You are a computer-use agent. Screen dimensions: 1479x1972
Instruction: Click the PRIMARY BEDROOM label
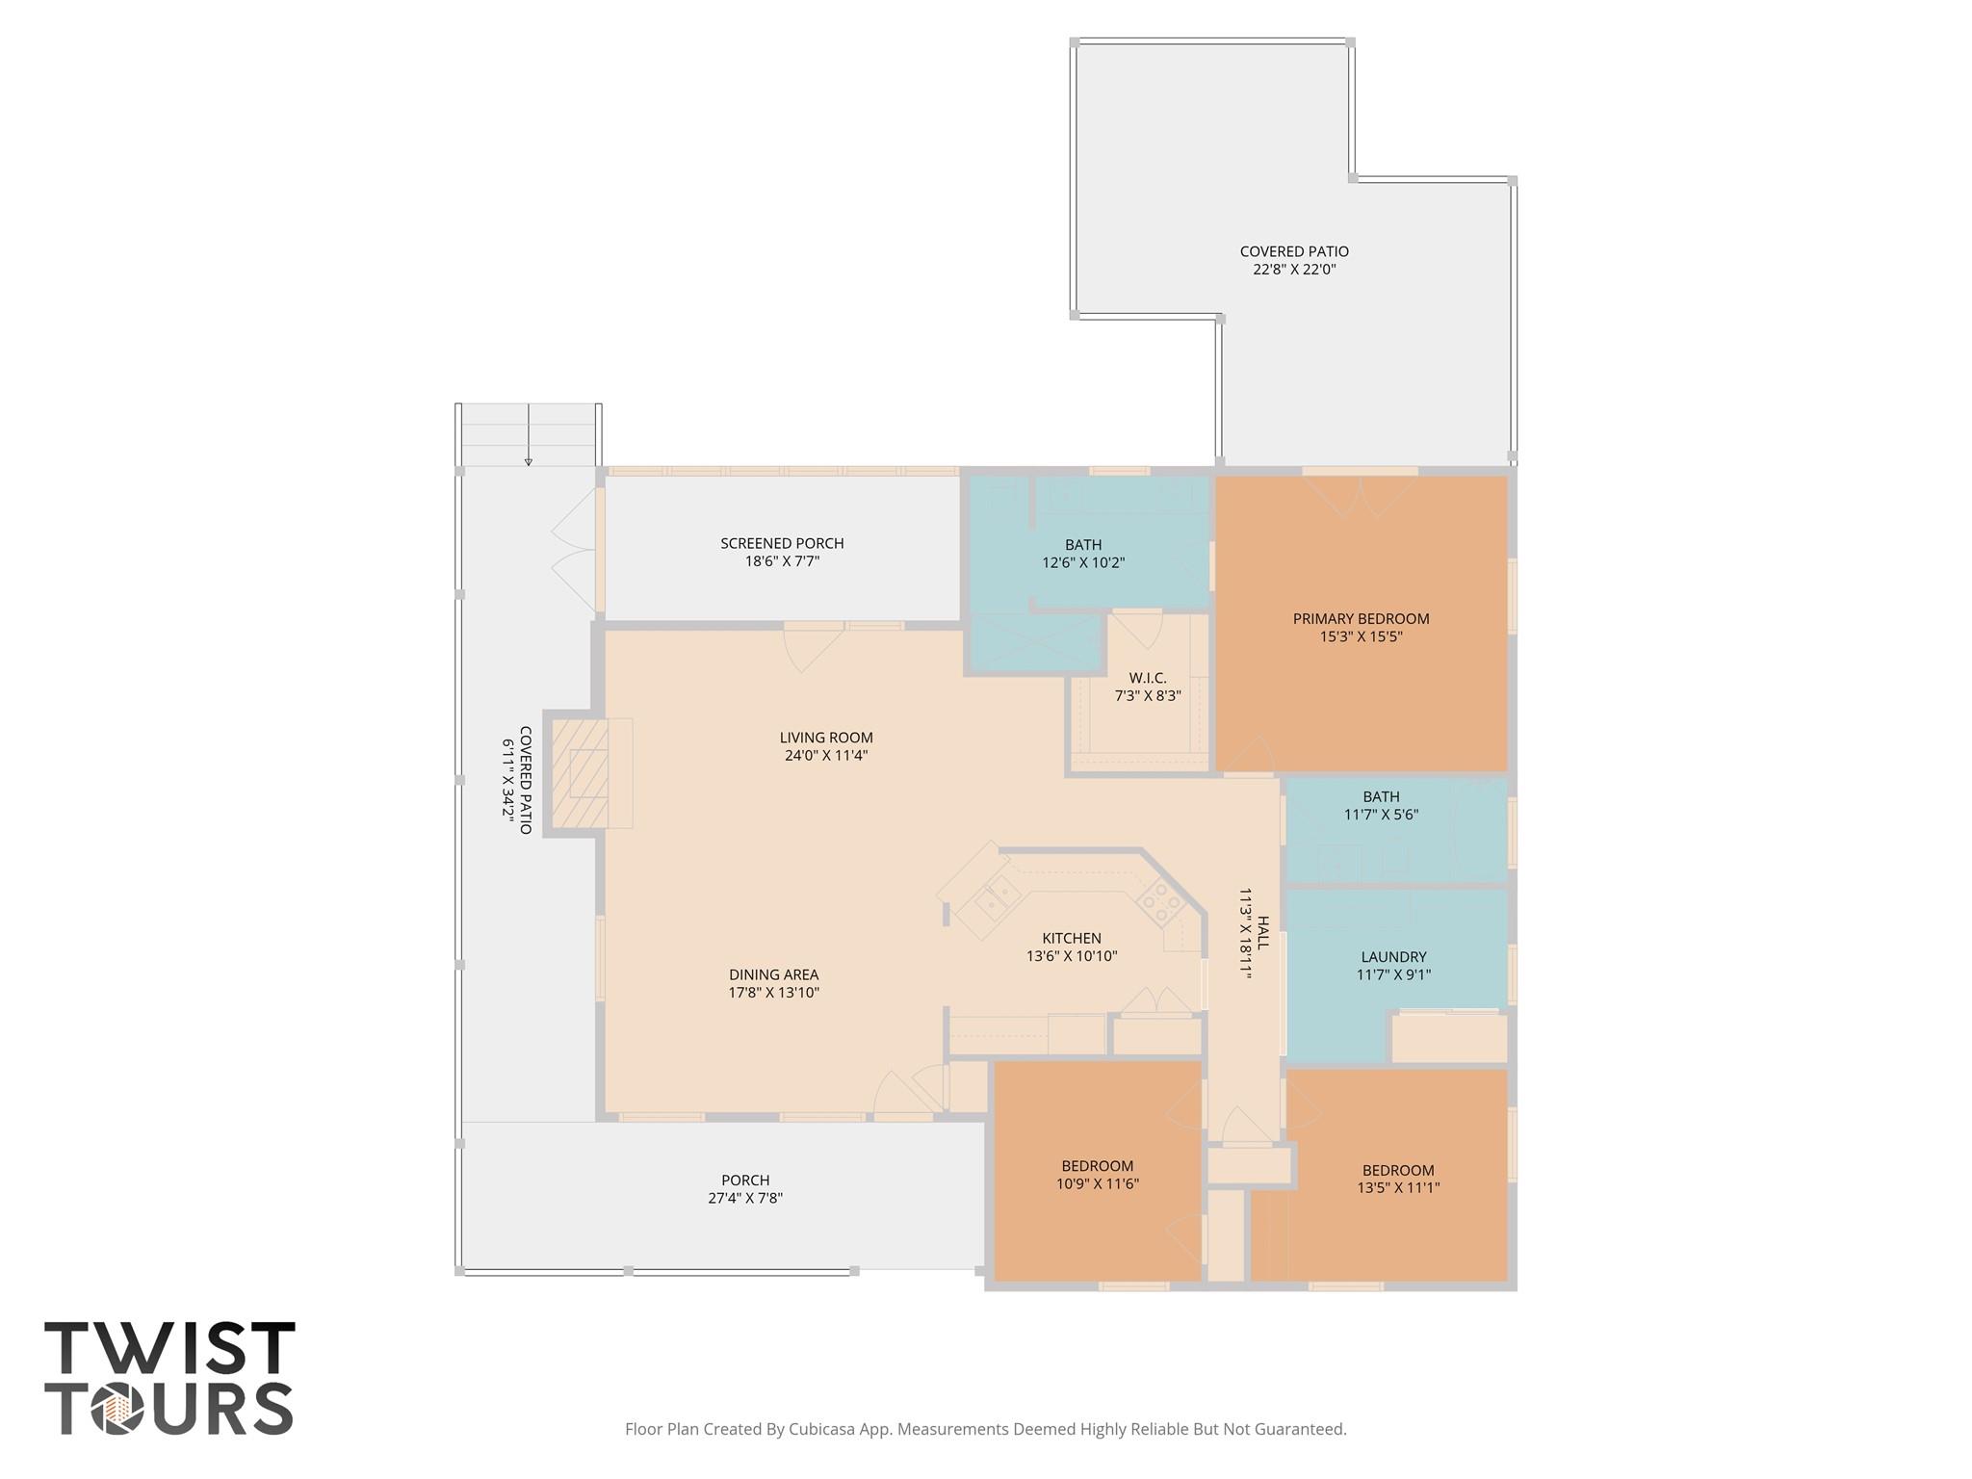tap(1361, 618)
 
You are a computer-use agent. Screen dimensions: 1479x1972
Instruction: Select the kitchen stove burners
tap(1160, 903)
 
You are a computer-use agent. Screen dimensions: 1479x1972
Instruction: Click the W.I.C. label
tap(1148, 678)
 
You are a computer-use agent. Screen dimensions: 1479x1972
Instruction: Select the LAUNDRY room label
tap(1393, 956)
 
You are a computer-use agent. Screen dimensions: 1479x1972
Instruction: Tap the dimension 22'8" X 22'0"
tap(1294, 270)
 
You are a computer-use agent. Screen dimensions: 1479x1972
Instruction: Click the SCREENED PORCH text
tap(782, 543)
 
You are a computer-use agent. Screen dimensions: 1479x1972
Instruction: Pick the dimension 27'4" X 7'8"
tap(744, 1198)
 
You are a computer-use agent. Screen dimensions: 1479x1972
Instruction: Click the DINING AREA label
tap(773, 974)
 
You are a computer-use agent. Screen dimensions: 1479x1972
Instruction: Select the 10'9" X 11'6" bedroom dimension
tap(1098, 1183)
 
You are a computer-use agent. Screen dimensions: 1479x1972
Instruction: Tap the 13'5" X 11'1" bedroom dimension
tap(1398, 1187)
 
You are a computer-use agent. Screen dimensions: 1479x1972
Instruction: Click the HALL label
tap(1263, 933)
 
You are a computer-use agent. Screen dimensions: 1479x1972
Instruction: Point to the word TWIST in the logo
tap(169, 1349)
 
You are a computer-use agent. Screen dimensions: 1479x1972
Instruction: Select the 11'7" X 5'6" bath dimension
tap(1381, 815)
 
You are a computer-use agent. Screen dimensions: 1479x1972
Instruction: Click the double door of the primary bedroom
tap(1360, 493)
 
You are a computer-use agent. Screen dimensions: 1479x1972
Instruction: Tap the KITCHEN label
tap(1071, 938)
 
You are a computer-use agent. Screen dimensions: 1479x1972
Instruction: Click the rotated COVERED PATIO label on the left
tap(526, 780)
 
